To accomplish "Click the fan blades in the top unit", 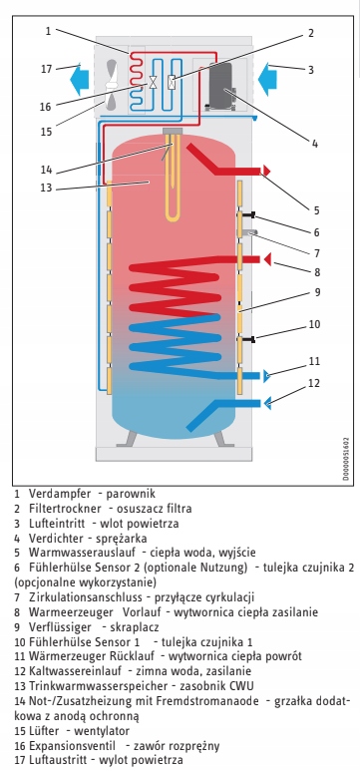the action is [112, 85].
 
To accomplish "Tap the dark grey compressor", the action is [221, 87].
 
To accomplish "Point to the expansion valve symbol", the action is [153, 82].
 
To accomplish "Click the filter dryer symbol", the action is [173, 82].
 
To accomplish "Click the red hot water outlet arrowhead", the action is [266, 171].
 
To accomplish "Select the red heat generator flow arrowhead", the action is [267, 259].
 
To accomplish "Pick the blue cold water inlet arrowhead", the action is [267, 404].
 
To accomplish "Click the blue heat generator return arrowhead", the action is [266, 376].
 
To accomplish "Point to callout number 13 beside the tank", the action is [47, 187].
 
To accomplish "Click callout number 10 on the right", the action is [314, 324].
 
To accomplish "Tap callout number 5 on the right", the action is [316, 210].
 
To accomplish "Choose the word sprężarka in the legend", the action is [128, 539].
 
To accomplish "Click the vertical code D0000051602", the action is [346, 459].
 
